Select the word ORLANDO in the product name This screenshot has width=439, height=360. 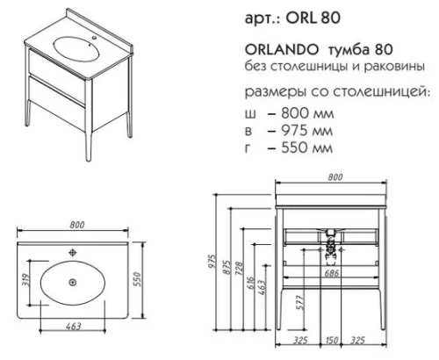point(269,52)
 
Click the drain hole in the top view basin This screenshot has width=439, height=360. point(73,282)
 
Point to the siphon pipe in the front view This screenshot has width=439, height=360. point(331,243)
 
